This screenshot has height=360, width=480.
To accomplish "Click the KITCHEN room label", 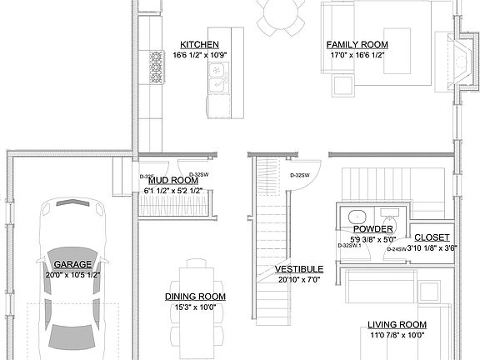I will point(200,44).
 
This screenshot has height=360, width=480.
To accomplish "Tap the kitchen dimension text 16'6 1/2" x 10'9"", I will point(200,55).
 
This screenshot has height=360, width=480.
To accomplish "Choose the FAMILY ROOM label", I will point(357,44).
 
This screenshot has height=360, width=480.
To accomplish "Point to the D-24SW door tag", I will point(396,248).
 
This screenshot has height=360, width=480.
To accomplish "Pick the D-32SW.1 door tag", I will point(349,245).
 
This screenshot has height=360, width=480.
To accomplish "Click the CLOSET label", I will point(432,237).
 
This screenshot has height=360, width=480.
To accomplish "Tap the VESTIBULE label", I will point(299,269).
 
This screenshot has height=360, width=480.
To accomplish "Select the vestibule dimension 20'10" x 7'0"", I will point(299,280).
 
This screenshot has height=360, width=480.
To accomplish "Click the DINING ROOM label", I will point(196,296).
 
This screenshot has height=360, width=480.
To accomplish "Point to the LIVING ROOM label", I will point(397,324).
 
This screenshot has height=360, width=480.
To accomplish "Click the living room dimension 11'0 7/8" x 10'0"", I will point(397,335).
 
